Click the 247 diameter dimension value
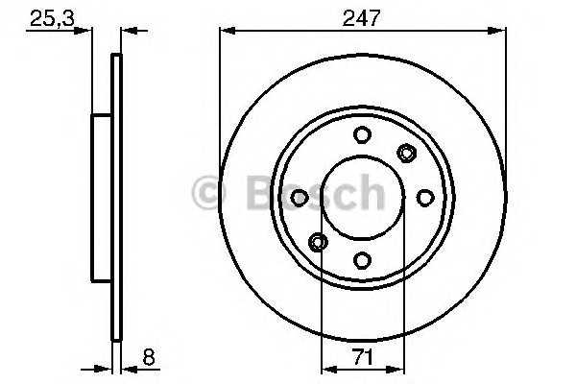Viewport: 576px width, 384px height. click(362, 15)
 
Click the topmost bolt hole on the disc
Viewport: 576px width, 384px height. click(362, 135)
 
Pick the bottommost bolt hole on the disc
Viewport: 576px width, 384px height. click(362, 258)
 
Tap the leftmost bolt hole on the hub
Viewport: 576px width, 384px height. click(300, 197)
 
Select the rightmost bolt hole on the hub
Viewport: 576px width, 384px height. click(424, 197)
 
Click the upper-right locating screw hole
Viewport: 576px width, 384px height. click(406, 152)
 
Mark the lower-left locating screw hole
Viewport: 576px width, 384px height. click(318, 241)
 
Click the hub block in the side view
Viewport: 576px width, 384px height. click(101, 197)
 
